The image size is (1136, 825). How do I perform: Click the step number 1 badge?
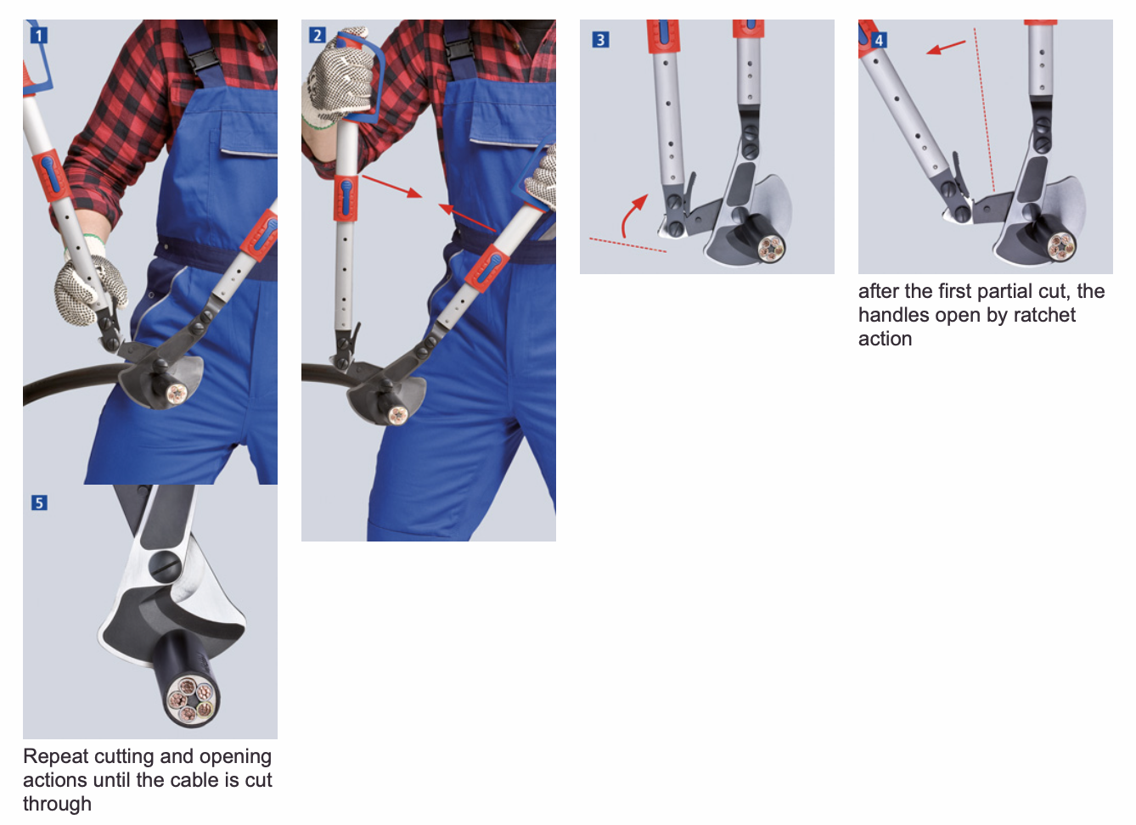[38, 36]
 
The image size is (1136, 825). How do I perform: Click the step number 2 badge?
[317, 35]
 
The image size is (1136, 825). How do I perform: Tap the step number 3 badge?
[600, 40]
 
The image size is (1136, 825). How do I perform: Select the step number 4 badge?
[879, 40]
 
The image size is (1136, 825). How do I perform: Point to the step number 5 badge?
[39, 502]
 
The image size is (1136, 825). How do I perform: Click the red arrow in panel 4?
[945, 48]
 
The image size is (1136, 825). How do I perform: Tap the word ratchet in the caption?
[1044, 316]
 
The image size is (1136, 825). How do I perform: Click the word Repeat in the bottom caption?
[56, 757]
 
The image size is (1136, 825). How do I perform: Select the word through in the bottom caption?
[57, 805]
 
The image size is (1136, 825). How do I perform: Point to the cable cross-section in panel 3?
[770, 250]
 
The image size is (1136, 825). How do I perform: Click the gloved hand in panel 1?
[89, 287]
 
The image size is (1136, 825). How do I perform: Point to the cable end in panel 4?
[1061, 246]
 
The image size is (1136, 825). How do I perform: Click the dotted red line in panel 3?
[627, 244]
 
